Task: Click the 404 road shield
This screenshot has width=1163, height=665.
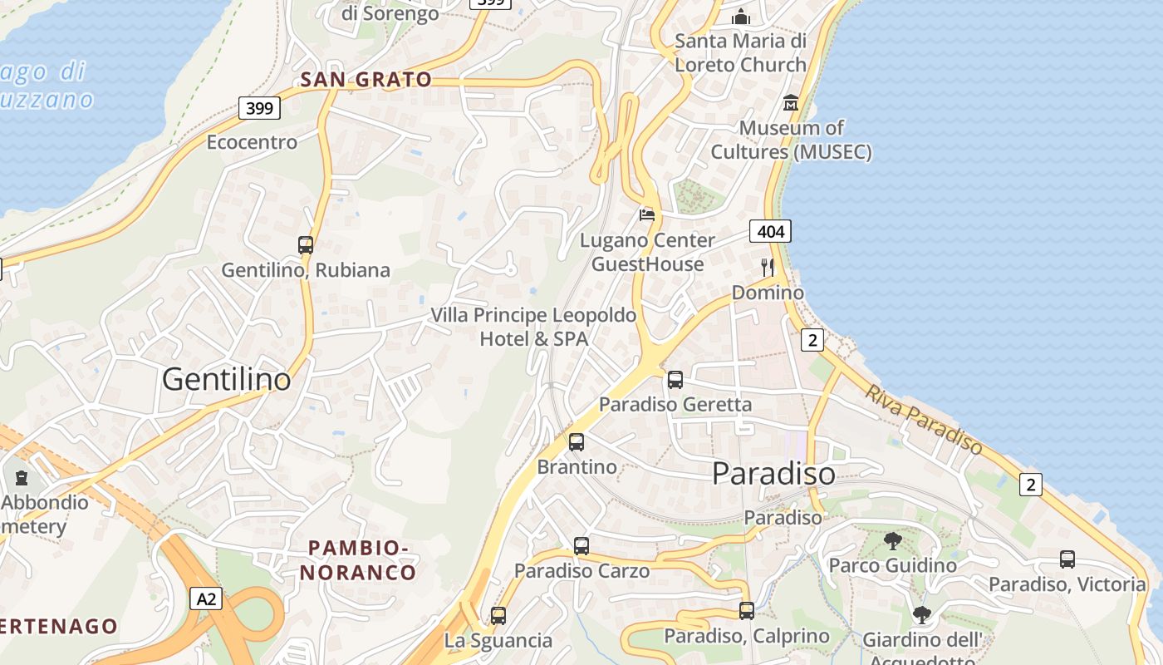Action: [770, 231]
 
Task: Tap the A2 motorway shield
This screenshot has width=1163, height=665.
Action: [206, 598]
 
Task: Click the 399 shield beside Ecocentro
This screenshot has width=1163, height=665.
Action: [259, 107]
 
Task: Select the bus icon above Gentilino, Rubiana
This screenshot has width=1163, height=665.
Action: [306, 245]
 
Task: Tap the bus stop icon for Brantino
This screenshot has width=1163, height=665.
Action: [577, 442]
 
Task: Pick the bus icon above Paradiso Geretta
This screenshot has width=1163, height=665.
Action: [675, 380]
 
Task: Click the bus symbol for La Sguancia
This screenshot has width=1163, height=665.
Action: [498, 616]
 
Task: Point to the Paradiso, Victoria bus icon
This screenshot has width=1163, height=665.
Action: [1067, 559]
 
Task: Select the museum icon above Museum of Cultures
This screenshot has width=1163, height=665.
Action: [791, 103]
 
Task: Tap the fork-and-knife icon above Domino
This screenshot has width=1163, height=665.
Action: [768, 268]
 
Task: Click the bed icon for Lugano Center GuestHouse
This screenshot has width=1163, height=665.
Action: [647, 215]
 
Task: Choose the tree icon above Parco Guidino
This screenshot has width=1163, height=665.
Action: [893, 541]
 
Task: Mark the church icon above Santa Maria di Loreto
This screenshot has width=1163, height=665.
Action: [740, 17]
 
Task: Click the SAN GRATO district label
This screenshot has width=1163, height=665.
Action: [366, 80]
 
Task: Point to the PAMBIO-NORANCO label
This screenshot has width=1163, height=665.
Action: [358, 560]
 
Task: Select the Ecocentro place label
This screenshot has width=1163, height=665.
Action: [252, 142]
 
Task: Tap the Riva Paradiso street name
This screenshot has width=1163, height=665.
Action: [923, 420]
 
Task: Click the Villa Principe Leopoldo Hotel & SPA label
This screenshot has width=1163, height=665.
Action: [533, 327]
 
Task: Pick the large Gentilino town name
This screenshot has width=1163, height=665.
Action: [227, 379]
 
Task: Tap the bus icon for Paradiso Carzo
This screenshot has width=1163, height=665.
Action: [581, 546]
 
